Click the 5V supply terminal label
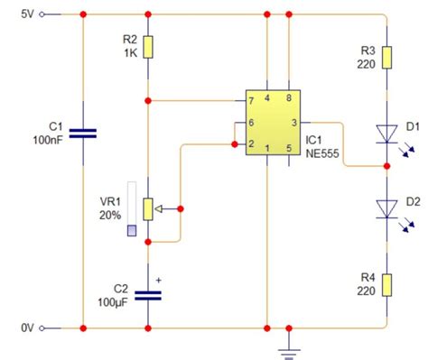click(x=27, y=14)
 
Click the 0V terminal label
click(x=27, y=328)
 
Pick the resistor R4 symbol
click(x=386, y=285)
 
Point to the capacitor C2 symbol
click(x=148, y=295)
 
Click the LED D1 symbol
click(x=386, y=134)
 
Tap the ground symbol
click(x=289, y=347)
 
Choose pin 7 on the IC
click(x=251, y=99)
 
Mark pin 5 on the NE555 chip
click(x=289, y=147)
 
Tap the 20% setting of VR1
click(x=110, y=217)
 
